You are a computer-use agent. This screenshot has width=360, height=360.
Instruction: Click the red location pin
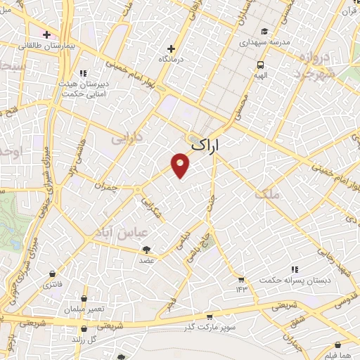(x=181, y=165)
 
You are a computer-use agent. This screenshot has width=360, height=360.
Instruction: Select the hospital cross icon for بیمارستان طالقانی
(x=46, y=34)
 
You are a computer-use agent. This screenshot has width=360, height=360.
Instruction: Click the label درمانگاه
(x=171, y=60)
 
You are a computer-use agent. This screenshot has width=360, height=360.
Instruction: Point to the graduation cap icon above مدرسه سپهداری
(x=264, y=31)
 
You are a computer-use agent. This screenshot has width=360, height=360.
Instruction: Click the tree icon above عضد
(x=146, y=250)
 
